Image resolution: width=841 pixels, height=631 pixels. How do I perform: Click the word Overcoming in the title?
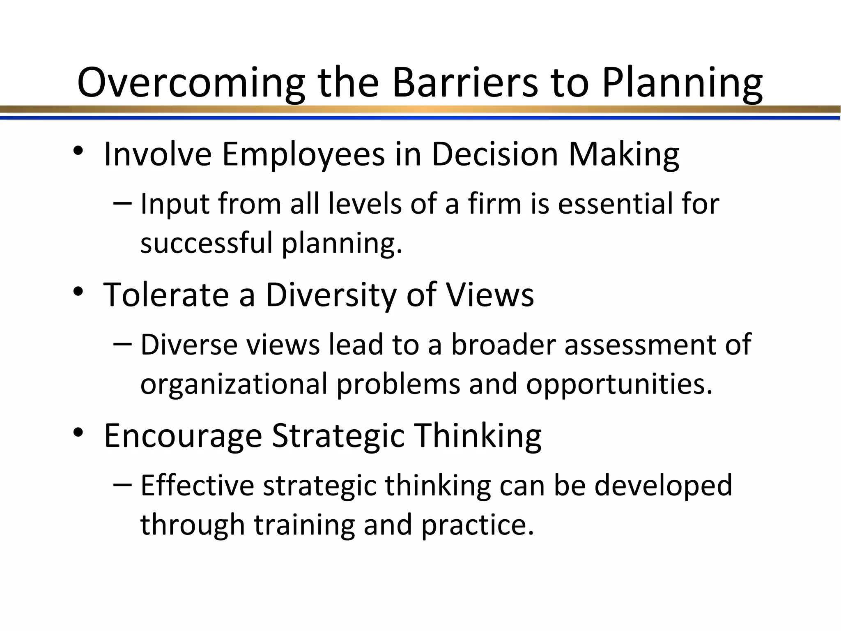point(191,83)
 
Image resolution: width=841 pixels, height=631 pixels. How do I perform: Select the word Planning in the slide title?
point(682,83)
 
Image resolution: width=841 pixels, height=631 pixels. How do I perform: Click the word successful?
point(207,242)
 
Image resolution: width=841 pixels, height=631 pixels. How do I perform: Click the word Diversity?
point(331,295)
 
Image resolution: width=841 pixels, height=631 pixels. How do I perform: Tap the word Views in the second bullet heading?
point(490,295)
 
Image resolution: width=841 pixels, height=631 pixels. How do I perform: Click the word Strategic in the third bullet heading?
point(338,435)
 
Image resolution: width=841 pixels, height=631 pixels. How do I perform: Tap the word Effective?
point(197,485)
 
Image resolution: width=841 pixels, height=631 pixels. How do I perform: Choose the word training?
point(304,525)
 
